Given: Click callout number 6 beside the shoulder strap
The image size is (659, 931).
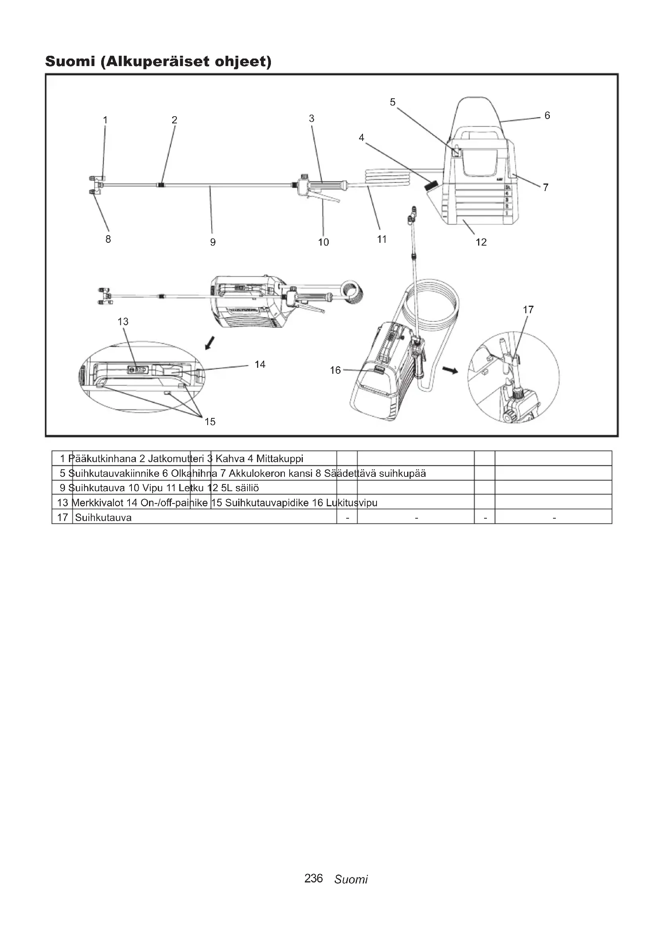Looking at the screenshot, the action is point(547,115).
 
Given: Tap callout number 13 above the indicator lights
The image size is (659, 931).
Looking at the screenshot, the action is point(123,322).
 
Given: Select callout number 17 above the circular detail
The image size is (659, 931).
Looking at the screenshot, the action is point(528,310).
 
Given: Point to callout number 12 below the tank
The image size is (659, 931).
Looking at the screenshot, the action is point(481,242).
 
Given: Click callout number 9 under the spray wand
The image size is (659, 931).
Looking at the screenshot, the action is point(213,242).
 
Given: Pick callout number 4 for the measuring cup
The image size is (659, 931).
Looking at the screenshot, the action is point(361,137).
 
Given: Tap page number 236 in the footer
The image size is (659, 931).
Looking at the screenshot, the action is point(313,878).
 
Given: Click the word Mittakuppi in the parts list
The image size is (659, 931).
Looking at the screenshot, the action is point(280,459).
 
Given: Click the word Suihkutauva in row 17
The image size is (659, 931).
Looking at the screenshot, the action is point(103,517).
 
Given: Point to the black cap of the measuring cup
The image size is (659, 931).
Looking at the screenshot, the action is point(432,186).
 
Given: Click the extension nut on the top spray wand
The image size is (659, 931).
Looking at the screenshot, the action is point(161,185).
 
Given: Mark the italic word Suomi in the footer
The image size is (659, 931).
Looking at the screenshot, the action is point(351,879).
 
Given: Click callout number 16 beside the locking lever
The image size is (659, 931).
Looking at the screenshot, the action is point(335,370).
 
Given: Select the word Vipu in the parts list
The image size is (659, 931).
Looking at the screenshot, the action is point(153,488).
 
